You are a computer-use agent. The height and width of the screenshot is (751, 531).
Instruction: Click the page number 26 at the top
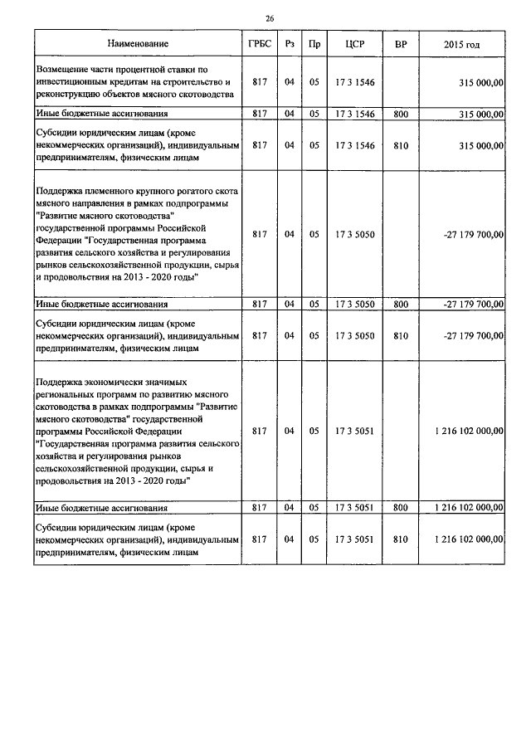[x=270, y=18]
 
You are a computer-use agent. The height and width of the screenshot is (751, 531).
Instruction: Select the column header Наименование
[x=138, y=43]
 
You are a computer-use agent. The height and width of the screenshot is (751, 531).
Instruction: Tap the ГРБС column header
[x=259, y=43]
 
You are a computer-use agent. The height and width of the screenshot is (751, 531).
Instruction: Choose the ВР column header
[x=401, y=43]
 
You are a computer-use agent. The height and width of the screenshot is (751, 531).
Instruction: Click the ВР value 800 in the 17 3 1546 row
[x=401, y=114]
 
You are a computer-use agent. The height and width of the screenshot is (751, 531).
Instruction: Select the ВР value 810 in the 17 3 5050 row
[x=401, y=335]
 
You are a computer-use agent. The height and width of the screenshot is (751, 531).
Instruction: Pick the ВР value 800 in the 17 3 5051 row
[x=401, y=507]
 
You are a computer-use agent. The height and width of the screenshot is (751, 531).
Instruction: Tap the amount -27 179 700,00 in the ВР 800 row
[x=473, y=305]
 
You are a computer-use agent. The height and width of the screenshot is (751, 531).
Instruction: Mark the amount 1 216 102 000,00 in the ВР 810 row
[x=468, y=539]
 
